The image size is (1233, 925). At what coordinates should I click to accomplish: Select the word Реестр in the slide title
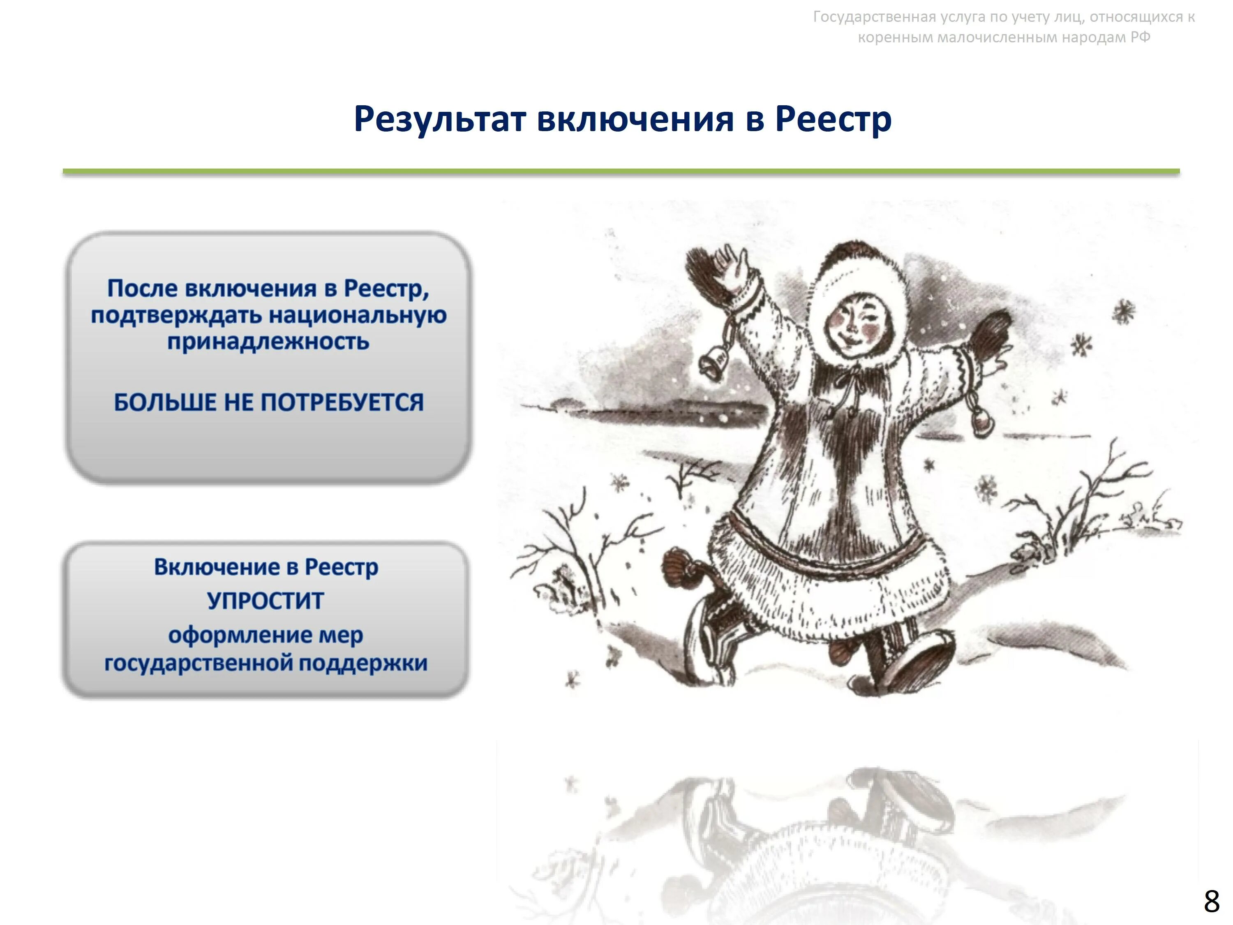[x=834, y=119]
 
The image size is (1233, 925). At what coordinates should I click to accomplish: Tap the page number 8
[x=1211, y=902]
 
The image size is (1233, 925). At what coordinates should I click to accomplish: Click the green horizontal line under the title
[x=621, y=172]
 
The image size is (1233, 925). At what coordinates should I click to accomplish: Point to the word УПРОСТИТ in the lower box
[x=266, y=601]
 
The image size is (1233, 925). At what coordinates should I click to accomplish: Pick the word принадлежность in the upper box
[x=268, y=341]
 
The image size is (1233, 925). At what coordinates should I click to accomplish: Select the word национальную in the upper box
[x=357, y=315]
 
